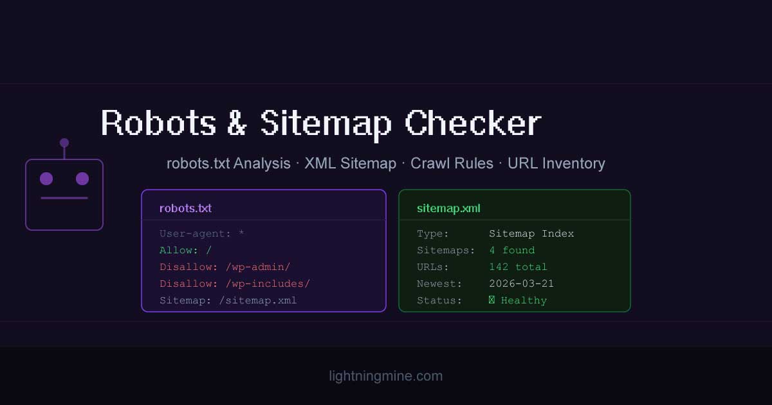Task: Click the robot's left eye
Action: tap(46, 179)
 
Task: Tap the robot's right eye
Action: tap(82, 179)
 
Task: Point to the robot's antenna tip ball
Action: tap(64, 143)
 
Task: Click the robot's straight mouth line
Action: tap(64, 198)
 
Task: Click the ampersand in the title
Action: tap(237, 123)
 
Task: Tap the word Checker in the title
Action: tap(473, 123)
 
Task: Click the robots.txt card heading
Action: tap(185, 208)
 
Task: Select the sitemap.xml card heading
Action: tap(448, 208)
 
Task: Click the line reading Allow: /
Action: tap(185, 250)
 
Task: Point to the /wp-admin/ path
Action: tap(258, 267)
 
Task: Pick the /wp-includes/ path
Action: tap(268, 283)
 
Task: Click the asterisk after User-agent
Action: tap(241, 233)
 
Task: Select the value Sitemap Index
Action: tap(531, 233)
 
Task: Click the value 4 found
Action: tap(512, 250)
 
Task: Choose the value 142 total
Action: tap(518, 267)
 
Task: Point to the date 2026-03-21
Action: tap(521, 283)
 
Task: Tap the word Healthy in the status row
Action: tap(524, 300)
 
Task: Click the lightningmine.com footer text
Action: tap(386, 376)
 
